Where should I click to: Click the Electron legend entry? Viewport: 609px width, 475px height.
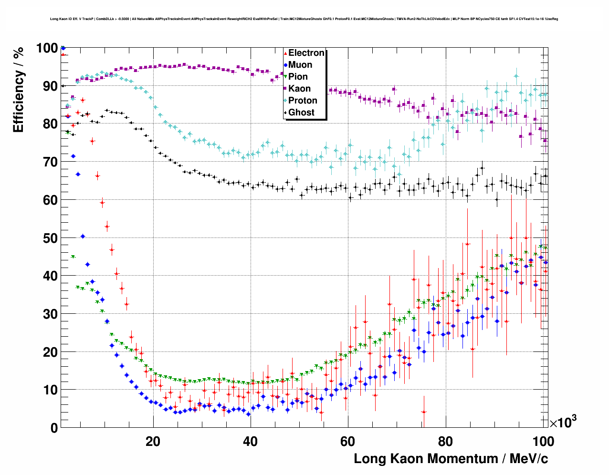coord(306,53)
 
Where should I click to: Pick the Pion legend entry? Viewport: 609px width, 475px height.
coord(298,77)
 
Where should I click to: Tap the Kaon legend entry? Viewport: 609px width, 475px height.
coord(299,89)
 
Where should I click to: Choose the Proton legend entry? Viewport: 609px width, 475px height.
coord(303,101)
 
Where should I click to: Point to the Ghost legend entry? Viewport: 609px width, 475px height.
coord(301,113)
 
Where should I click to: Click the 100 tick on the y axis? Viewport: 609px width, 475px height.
coord(46,48)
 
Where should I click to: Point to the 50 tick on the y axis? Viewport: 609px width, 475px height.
coord(50,238)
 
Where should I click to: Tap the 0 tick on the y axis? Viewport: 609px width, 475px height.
coord(53,428)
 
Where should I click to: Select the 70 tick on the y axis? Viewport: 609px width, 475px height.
coord(50,162)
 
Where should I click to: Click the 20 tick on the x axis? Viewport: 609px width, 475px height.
coord(153,441)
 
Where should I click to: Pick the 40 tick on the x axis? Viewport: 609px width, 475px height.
coord(250,441)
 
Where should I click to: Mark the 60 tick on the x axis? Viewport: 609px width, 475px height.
coord(348,441)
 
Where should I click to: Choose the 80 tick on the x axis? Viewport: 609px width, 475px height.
coord(445,441)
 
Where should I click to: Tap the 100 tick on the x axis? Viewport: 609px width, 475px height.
coord(543,441)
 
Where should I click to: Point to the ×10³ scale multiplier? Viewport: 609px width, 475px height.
coord(563,422)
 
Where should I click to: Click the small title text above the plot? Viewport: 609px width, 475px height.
coord(304,19)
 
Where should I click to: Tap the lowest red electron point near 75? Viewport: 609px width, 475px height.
coord(423,412)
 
